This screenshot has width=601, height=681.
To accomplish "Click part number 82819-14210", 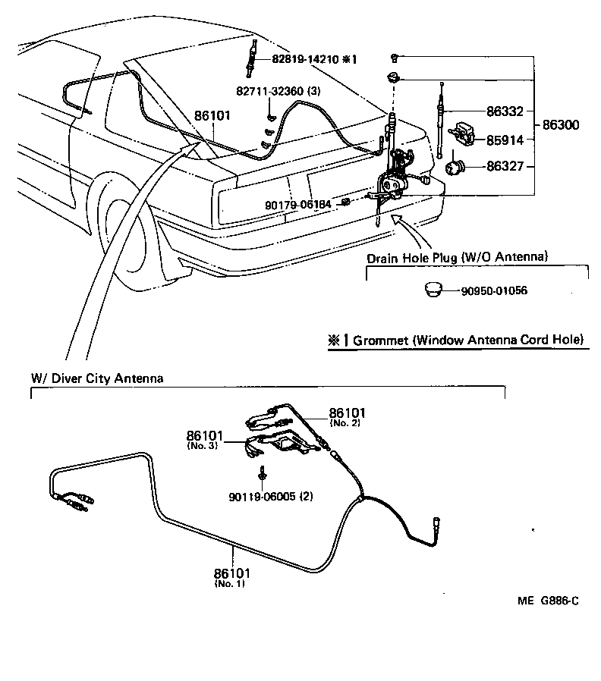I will (306, 58).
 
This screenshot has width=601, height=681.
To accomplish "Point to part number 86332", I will (505, 111).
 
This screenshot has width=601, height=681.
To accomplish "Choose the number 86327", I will (505, 165).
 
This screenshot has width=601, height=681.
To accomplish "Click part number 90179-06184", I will (298, 205).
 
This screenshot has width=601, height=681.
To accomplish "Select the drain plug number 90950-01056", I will (493, 290).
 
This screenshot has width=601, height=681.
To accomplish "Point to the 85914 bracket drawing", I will (462, 134).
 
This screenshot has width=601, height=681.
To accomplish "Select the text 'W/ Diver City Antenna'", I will (96, 378).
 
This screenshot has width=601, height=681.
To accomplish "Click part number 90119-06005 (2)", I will (271, 497).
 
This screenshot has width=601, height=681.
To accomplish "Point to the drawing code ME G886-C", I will (548, 601).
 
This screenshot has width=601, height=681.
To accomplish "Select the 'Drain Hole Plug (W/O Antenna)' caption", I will (457, 258).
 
